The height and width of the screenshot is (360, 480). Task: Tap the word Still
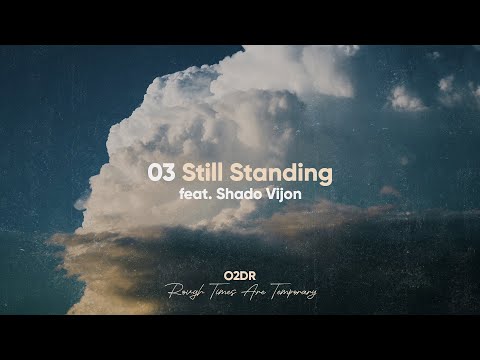click(x=204, y=172)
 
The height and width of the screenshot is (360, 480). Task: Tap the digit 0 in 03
click(x=154, y=172)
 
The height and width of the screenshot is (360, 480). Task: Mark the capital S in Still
click(x=188, y=172)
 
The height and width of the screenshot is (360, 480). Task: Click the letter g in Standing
click(x=324, y=175)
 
